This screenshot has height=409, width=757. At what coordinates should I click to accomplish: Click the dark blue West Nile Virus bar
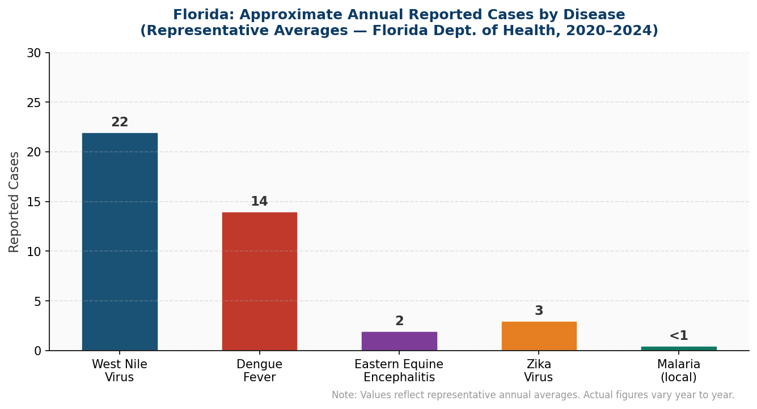point(120,242)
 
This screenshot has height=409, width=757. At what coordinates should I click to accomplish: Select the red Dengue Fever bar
point(259,282)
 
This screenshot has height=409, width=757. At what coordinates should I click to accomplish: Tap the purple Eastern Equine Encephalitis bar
point(399,341)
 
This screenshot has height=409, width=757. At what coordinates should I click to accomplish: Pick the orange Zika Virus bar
point(539,336)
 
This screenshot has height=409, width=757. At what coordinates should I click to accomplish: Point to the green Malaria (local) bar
point(679,348)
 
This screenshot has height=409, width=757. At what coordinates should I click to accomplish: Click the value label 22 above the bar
point(120,122)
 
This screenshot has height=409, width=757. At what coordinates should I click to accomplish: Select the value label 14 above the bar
point(259,202)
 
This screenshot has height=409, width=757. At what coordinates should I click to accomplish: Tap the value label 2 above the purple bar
point(399,321)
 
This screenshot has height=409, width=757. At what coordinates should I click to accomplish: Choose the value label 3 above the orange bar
point(539,311)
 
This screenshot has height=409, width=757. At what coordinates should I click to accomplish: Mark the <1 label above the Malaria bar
point(679,336)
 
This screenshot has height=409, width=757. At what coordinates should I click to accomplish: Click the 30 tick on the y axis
point(34,53)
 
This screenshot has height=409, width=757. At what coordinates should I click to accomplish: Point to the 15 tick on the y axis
point(34,202)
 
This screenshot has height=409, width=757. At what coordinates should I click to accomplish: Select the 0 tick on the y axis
point(37,351)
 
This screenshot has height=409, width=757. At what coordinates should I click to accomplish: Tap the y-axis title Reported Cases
point(14,202)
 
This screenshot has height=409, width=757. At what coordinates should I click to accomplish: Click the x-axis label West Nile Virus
point(120,371)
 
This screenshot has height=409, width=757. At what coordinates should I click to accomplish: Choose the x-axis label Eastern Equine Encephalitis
point(399,371)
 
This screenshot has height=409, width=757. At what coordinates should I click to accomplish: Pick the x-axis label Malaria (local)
point(679,371)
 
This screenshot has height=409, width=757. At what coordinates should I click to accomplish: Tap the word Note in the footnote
point(342,395)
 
